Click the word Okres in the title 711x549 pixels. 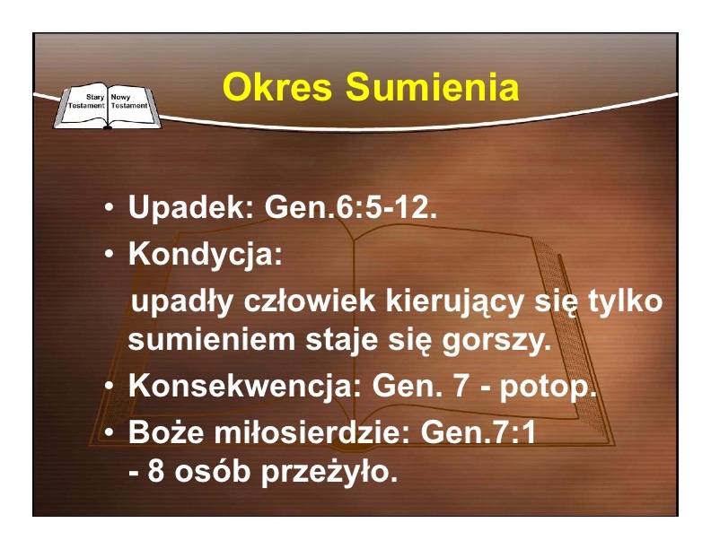(x=277, y=87)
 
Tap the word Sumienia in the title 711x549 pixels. (x=432, y=87)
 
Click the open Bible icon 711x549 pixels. (x=107, y=106)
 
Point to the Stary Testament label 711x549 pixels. (x=86, y=101)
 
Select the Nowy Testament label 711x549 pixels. (x=129, y=101)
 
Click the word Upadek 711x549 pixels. (x=191, y=207)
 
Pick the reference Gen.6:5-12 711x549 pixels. (x=350, y=207)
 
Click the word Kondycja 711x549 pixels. (x=205, y=255)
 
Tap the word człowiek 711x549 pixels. (x=309, y=301)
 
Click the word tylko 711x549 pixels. (x=626, y=301)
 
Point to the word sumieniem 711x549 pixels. (x=211, y=340)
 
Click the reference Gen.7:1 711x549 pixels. (x=478, y=432)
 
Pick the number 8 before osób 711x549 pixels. (x=155, y=472)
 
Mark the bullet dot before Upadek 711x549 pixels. (x=109, y=208)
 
